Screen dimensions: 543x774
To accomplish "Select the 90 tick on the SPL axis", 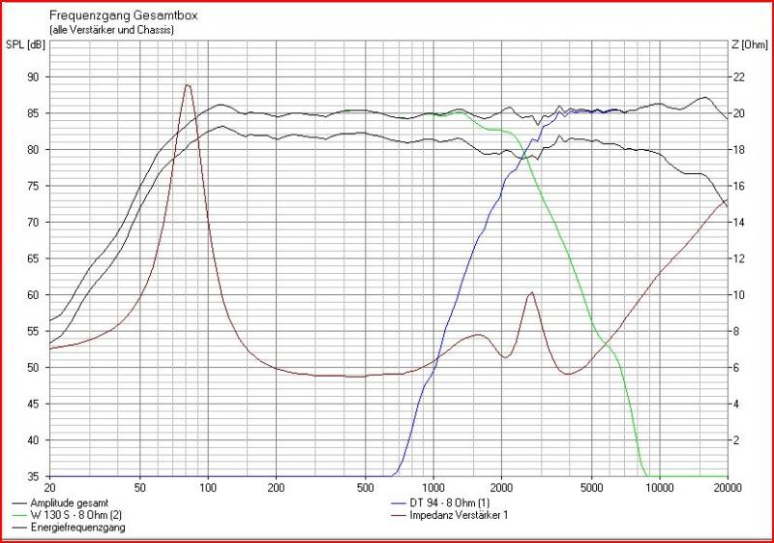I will [34, 77].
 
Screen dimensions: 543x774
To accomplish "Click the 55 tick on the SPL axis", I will [34, 331].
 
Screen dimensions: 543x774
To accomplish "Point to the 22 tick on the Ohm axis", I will [739, 77].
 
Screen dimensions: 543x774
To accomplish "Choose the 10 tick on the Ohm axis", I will [739, 295].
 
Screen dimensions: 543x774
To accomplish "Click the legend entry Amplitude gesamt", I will [74, 503].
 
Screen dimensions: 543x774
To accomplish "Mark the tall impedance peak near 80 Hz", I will [188, 85].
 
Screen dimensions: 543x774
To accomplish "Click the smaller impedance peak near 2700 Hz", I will [530, 292].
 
